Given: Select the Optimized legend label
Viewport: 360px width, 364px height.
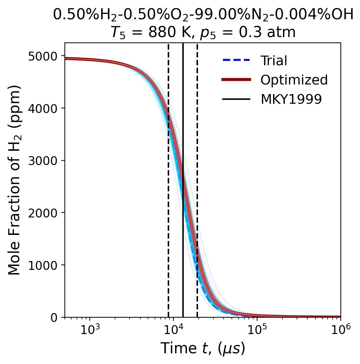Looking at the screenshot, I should (294, 80).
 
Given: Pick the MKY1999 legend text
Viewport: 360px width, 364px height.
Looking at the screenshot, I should (291, 99).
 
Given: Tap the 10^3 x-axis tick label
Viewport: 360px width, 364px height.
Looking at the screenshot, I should (89, 330).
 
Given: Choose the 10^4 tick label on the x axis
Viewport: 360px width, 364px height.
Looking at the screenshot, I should (173, 330).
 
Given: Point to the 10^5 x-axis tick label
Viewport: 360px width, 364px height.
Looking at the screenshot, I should (257, 330).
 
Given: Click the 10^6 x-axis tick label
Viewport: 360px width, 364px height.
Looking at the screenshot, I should (340, 330).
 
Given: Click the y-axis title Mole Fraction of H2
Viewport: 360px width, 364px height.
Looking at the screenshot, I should (15, 180).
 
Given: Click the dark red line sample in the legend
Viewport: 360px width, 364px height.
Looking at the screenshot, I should (237, 80).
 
